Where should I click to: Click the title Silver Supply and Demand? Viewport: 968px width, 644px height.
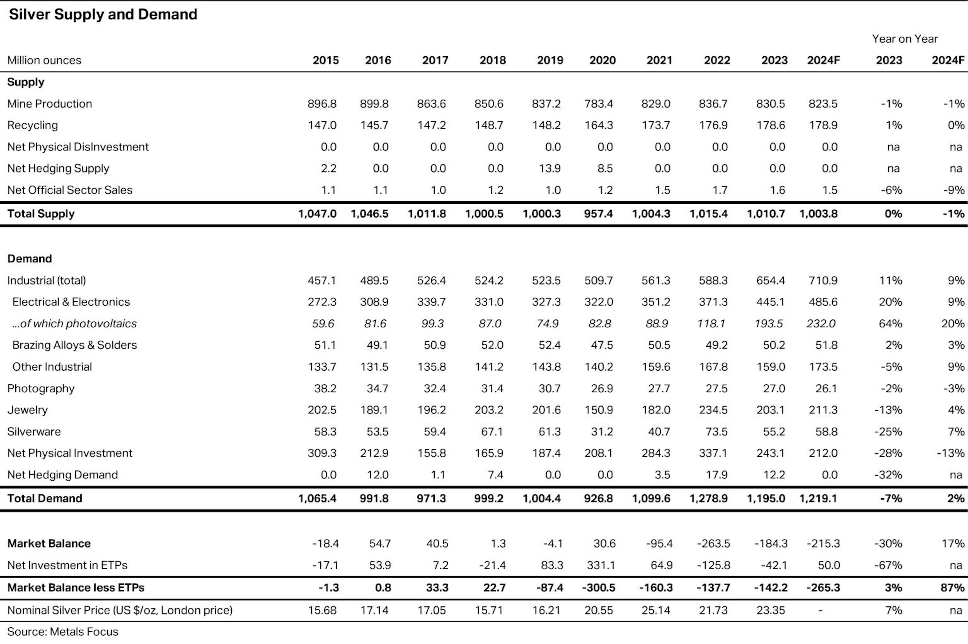(103, 14)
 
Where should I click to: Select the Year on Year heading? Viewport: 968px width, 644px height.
(905, 39)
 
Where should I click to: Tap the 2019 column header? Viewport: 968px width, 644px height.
(550, 60)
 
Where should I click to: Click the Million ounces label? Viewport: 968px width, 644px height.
(44, 60)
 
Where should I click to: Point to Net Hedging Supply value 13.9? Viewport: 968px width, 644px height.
(550, 168)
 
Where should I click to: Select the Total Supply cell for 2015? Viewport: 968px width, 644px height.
(317, 213)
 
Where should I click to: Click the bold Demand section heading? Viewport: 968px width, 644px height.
(29, 259)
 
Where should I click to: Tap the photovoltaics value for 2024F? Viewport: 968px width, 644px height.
(821, 324)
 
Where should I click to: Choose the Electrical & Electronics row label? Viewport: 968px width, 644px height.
(71, 302)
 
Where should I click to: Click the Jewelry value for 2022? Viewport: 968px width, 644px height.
(713, 410)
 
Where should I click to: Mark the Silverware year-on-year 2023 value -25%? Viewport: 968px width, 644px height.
(888, 432)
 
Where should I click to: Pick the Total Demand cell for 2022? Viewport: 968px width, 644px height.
(709, 498)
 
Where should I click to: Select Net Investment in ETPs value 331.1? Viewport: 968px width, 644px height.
(601, 565)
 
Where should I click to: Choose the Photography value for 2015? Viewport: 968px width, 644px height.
(325, 388)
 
